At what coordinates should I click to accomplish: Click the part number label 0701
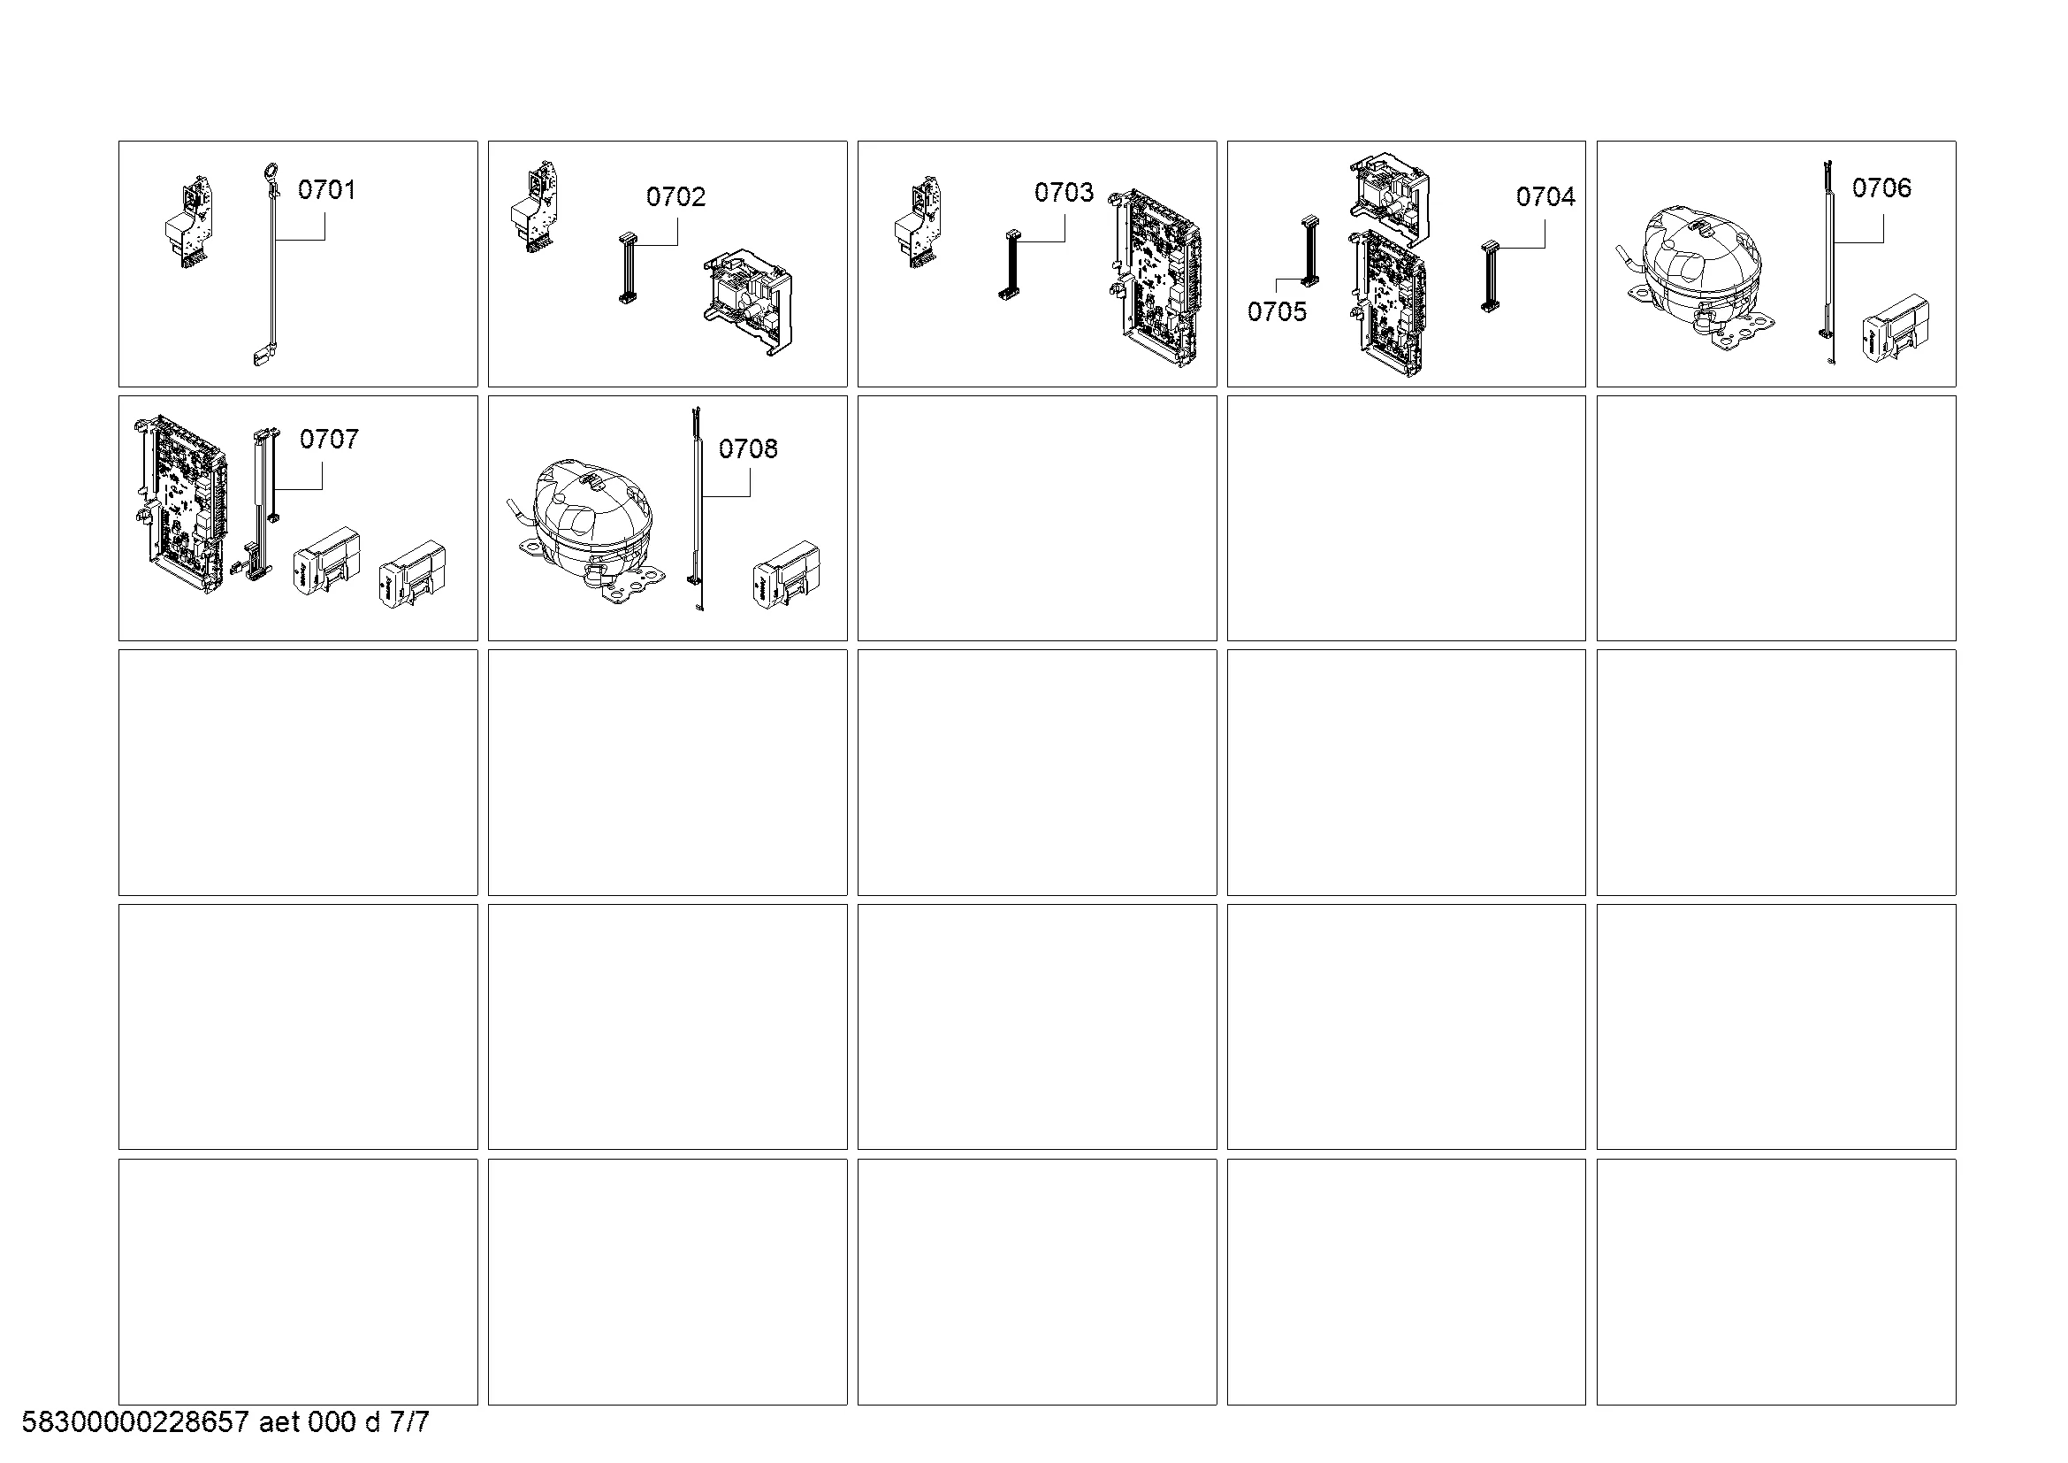click(x=326, y=189)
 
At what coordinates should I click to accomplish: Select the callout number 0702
click(x=675, y=196)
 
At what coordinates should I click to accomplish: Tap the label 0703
click(x=1064, y=192)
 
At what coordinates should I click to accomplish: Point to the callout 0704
click(x=1545, y=196)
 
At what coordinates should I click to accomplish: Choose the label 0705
click(x=1277, y=311)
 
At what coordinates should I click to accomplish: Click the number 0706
click(x=1881, y=188)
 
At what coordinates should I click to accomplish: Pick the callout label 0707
click(x=329, y=439)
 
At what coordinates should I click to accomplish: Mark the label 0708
click(x=748, y=448)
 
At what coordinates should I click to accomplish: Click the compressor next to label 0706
click(x=1697, y=276)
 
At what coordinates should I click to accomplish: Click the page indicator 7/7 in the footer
click(x=409, y=1422)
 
